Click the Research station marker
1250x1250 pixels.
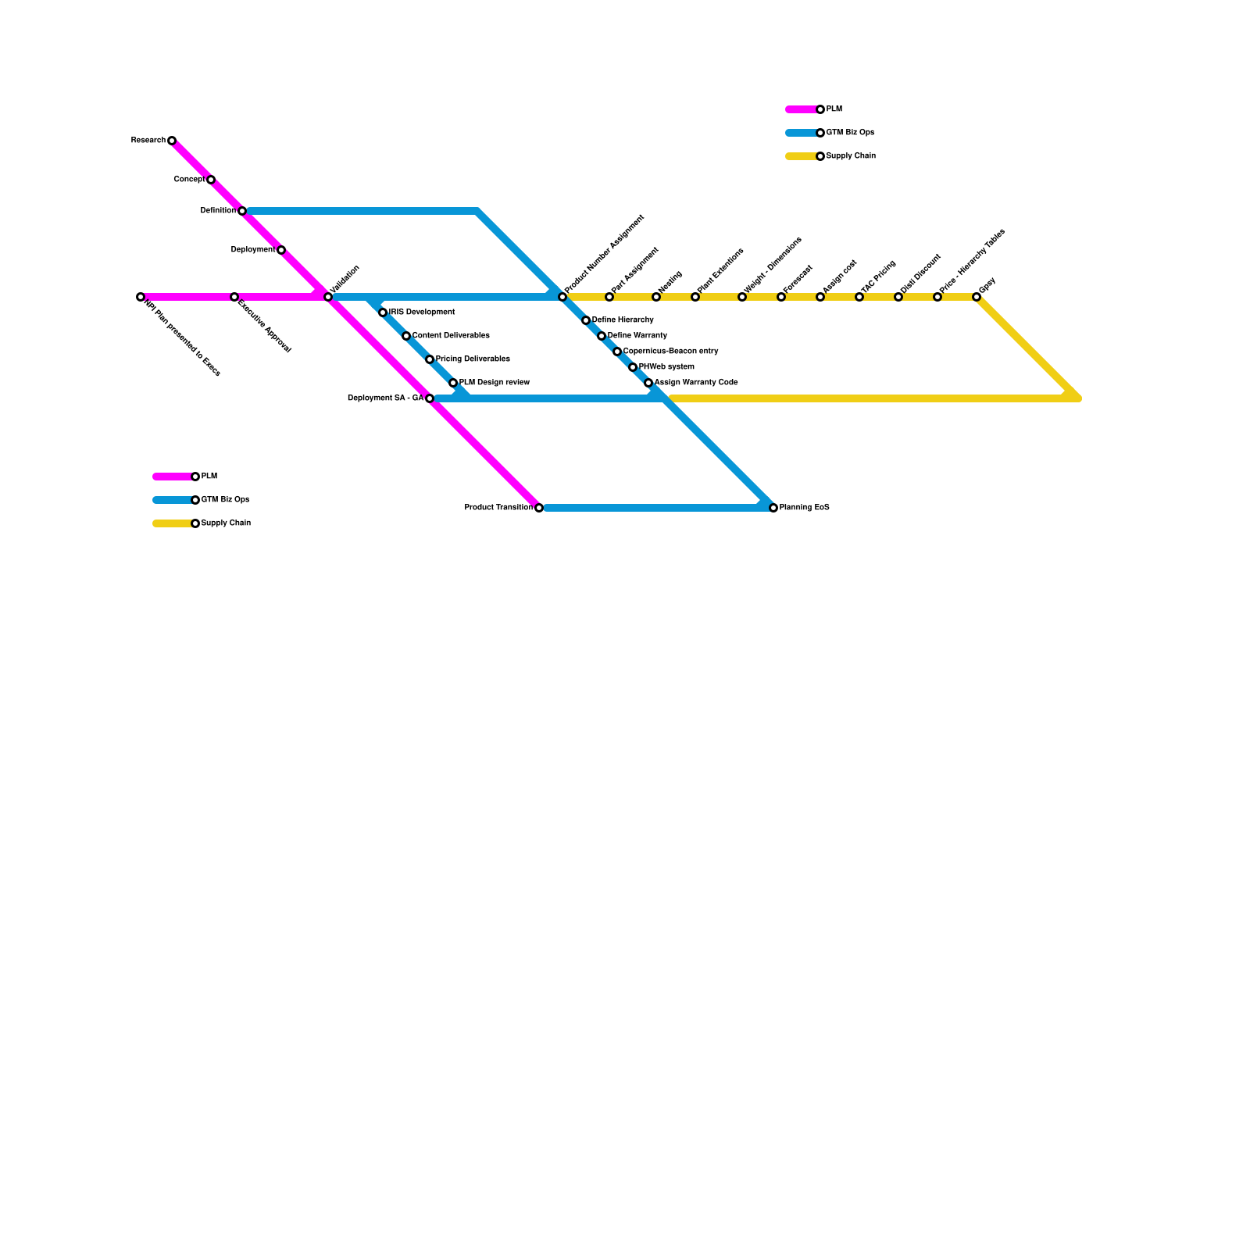coord(172,141)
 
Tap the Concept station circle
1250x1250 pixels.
coord(211,180)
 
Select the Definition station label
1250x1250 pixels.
coord(218,211)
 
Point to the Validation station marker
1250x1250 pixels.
coord(328,297)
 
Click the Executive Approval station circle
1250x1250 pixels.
coord(234,297)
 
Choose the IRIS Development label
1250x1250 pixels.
coord(422,312)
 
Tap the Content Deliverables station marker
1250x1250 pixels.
coord(406,336)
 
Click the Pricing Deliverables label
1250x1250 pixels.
coord(473,359)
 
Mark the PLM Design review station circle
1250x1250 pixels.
coord(453,383)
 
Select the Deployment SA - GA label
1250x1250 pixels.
coord(385,398)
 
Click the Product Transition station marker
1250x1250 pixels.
coord(539,508)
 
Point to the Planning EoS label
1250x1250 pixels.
coord(805,508)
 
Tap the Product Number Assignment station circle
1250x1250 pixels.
coord(562,297)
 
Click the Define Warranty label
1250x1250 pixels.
coord(637,336)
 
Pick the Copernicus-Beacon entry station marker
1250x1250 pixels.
coord(617,352)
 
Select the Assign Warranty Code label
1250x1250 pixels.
coord(696,383)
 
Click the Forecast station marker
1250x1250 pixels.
coord(781,297)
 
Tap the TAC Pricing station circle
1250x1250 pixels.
coord(859,297)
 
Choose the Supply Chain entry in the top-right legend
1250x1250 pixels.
coord(851,156)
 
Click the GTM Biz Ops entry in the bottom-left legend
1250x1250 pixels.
coord(225,500)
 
